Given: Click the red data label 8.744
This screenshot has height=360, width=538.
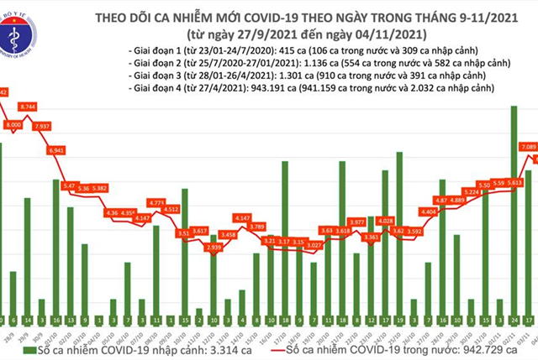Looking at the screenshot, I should coord(28,107).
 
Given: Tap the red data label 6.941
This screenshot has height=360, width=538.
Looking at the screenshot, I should coord(57,149).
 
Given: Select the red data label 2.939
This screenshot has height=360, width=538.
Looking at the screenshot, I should coord(213,249).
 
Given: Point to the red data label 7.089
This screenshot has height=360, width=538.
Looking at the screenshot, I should coord(528,147).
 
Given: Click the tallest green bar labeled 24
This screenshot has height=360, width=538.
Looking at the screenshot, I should coord(513,210).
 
